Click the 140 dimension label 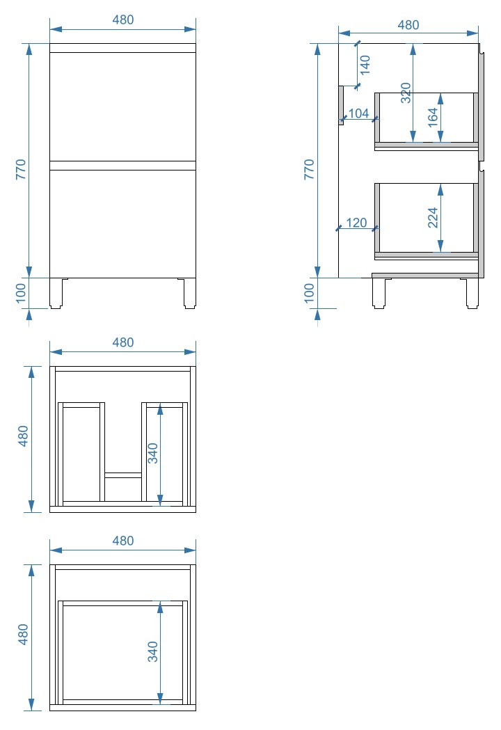365,65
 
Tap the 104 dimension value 358,113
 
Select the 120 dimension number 357,223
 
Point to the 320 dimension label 406,93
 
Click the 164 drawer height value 433,118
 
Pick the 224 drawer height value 433,217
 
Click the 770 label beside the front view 22,170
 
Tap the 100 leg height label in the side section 309,293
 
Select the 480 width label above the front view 123,19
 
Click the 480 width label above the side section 408,24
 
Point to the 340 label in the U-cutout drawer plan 152,453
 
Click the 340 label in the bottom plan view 152,651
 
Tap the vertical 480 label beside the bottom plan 23,634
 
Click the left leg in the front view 56,293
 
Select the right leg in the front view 189,293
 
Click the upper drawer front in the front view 123,106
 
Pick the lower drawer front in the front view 123,224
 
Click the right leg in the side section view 472,293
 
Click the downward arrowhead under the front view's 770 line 29,272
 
